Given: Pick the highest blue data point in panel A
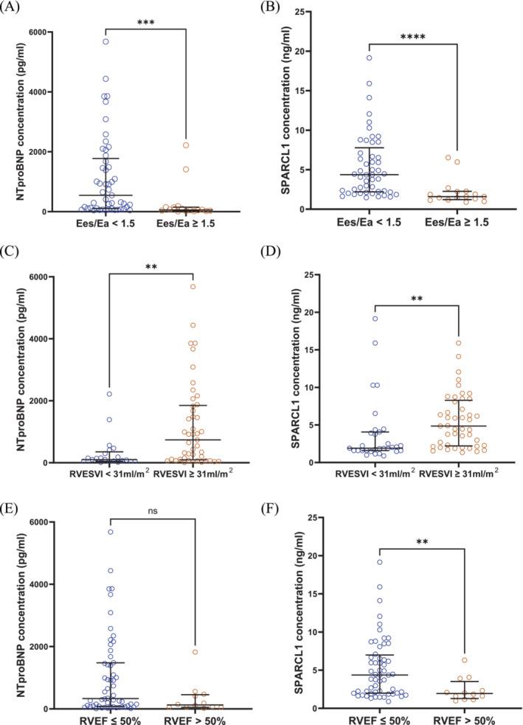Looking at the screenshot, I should [x=106, y=41].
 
